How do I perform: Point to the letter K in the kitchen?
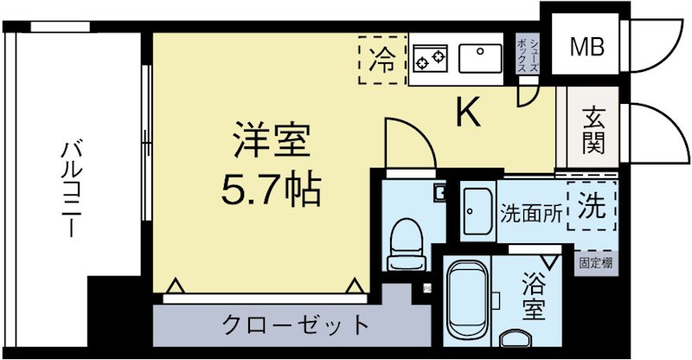(469, 112)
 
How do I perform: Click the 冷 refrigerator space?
(381, 60)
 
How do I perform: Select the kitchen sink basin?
(477, 58)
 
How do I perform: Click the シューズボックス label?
(529, 56)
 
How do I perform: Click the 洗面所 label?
(531, 210)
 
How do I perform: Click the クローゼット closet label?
(295, 326)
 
